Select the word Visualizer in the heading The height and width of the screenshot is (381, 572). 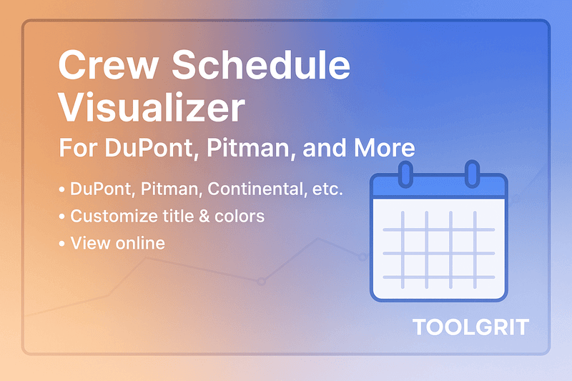pos(151,109)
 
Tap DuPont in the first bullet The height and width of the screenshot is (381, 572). pos(102,190)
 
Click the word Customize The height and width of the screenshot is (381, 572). pos(113,217)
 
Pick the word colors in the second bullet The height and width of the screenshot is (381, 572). pos(241,217)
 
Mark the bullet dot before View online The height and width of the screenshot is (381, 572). pos(62,244)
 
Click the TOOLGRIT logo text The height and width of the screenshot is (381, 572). pos(470,328)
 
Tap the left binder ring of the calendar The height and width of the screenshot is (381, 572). pos(405,174)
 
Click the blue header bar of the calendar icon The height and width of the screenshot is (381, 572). pos(438,187)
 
